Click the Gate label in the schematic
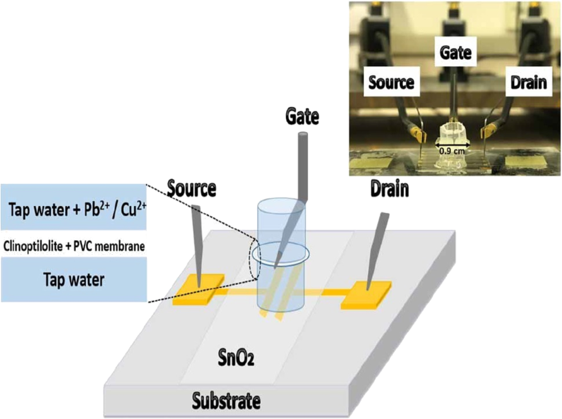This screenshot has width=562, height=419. [302, 117]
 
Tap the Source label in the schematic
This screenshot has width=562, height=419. [192, 188]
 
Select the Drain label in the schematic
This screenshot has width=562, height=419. [390, 188]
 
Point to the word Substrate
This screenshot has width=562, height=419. [226, 401]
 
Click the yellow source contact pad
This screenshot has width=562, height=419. [198, 289]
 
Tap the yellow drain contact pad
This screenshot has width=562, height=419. [366, 295]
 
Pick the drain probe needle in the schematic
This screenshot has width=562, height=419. [377, 251]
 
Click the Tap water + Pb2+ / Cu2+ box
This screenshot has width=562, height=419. [74, 207]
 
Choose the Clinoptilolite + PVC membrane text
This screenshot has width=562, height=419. [74, 246]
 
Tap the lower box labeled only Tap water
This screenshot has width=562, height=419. [74, 279]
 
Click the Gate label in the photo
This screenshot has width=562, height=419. [455, 52]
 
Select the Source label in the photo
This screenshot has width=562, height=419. [392, 82]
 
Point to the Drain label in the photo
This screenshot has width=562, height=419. [529, 82]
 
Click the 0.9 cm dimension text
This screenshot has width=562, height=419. [452, 151]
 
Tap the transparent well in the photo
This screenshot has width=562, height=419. [451, 147]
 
